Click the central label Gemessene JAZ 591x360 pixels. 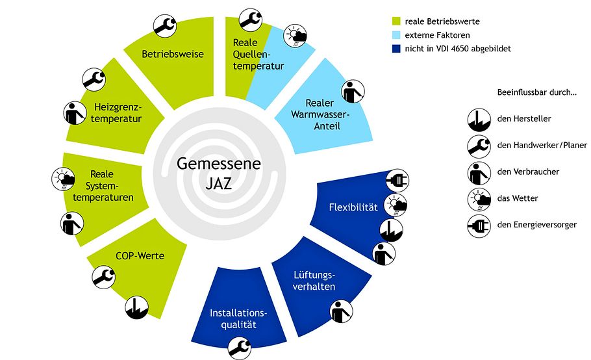[x=219, y=173]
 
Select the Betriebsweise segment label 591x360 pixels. [x=173, y=54]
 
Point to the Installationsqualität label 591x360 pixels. [x=238, y=318]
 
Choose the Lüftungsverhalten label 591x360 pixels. [x=314, y=280]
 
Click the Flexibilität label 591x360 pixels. [x=353, y=207]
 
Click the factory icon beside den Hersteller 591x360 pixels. [x=478, y=118]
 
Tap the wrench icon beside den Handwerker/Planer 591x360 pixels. [x=478, y=145]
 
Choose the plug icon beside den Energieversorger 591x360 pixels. [x=478, y=225]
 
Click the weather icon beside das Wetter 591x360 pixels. [x=478, y=198]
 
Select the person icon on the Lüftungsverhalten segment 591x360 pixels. [x=341, y=311]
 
